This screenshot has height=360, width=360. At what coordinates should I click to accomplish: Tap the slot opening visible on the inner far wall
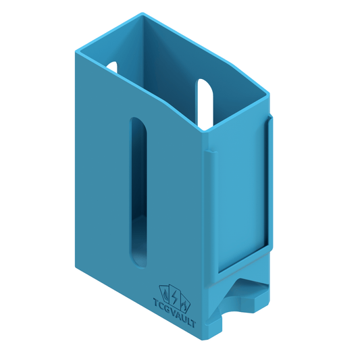(205, 101)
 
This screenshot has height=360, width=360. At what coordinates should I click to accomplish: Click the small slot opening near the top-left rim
(112, 68)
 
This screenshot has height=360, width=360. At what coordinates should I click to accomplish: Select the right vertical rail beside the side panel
(270, 182)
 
